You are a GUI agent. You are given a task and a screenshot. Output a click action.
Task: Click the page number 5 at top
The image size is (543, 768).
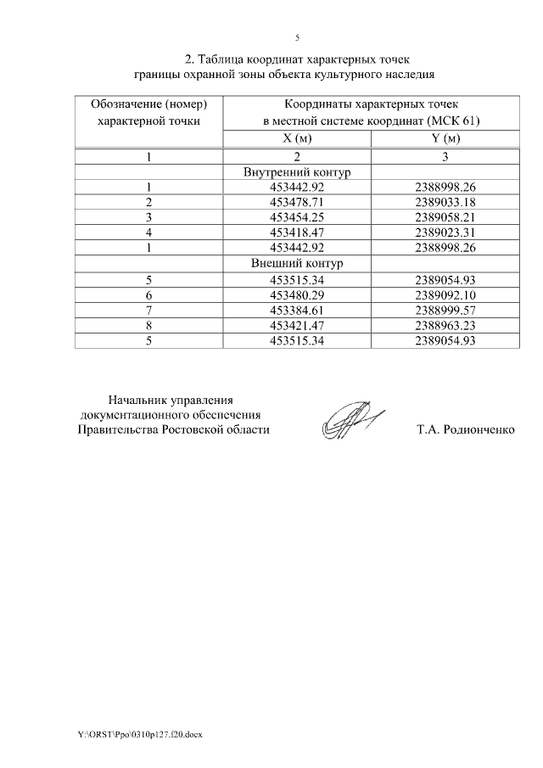pos(297,37)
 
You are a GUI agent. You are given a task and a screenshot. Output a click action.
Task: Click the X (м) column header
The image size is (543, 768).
pos(297,139)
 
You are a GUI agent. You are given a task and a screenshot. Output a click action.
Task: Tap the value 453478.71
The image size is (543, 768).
pos(297,202)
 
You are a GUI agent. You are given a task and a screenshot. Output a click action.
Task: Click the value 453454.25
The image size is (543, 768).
pos(297,217)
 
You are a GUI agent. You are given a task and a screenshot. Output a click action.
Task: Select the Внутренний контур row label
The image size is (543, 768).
pos(297,172)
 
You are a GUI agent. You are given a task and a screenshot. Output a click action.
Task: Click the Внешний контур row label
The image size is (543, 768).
pos(297,263)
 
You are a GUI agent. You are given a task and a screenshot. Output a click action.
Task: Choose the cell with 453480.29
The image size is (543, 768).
pos(297,294)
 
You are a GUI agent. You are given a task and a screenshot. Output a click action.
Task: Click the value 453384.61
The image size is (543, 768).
pos(297,309)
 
